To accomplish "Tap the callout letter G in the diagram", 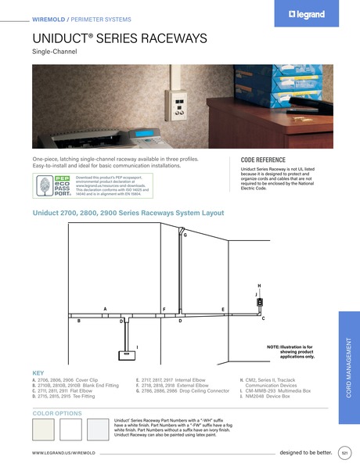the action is point(185,234).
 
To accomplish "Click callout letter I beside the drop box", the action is point(138,346).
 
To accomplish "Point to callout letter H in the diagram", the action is point(259,286).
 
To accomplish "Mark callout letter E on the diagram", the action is point(223,310).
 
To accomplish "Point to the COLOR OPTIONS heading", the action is point(57,412).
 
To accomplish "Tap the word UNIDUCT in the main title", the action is point(61,37).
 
